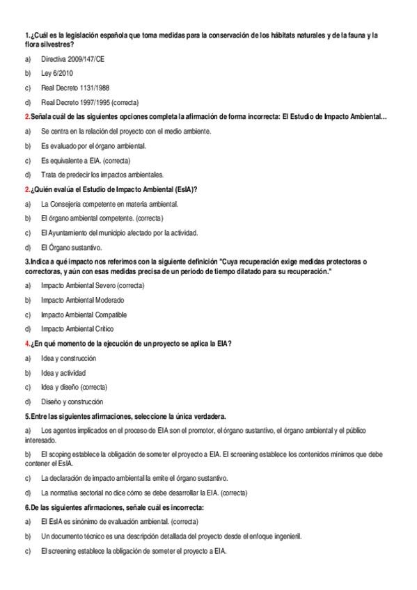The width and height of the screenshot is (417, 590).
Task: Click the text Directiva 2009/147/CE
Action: tap(72, 60)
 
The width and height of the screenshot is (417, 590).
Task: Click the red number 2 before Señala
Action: tap(26, 116)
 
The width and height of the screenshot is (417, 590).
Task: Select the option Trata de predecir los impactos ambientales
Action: tap(102, 175)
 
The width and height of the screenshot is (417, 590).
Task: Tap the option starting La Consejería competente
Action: tap(109, 204)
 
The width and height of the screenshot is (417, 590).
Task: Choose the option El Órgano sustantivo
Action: tap(71, 247)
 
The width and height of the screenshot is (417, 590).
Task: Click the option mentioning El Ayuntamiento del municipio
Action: tap(119, 232)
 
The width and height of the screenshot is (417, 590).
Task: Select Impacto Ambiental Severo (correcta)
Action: tap(93, 286)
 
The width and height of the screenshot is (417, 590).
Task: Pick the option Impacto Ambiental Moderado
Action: tap(82, 300)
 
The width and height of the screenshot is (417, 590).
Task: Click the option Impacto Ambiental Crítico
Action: tap(77, 329)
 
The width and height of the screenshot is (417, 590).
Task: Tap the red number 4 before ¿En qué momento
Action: tap(26, 344)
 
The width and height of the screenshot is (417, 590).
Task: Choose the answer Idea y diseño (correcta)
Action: tap(74, 387)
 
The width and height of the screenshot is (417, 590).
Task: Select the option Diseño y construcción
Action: tap(72, 401)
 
